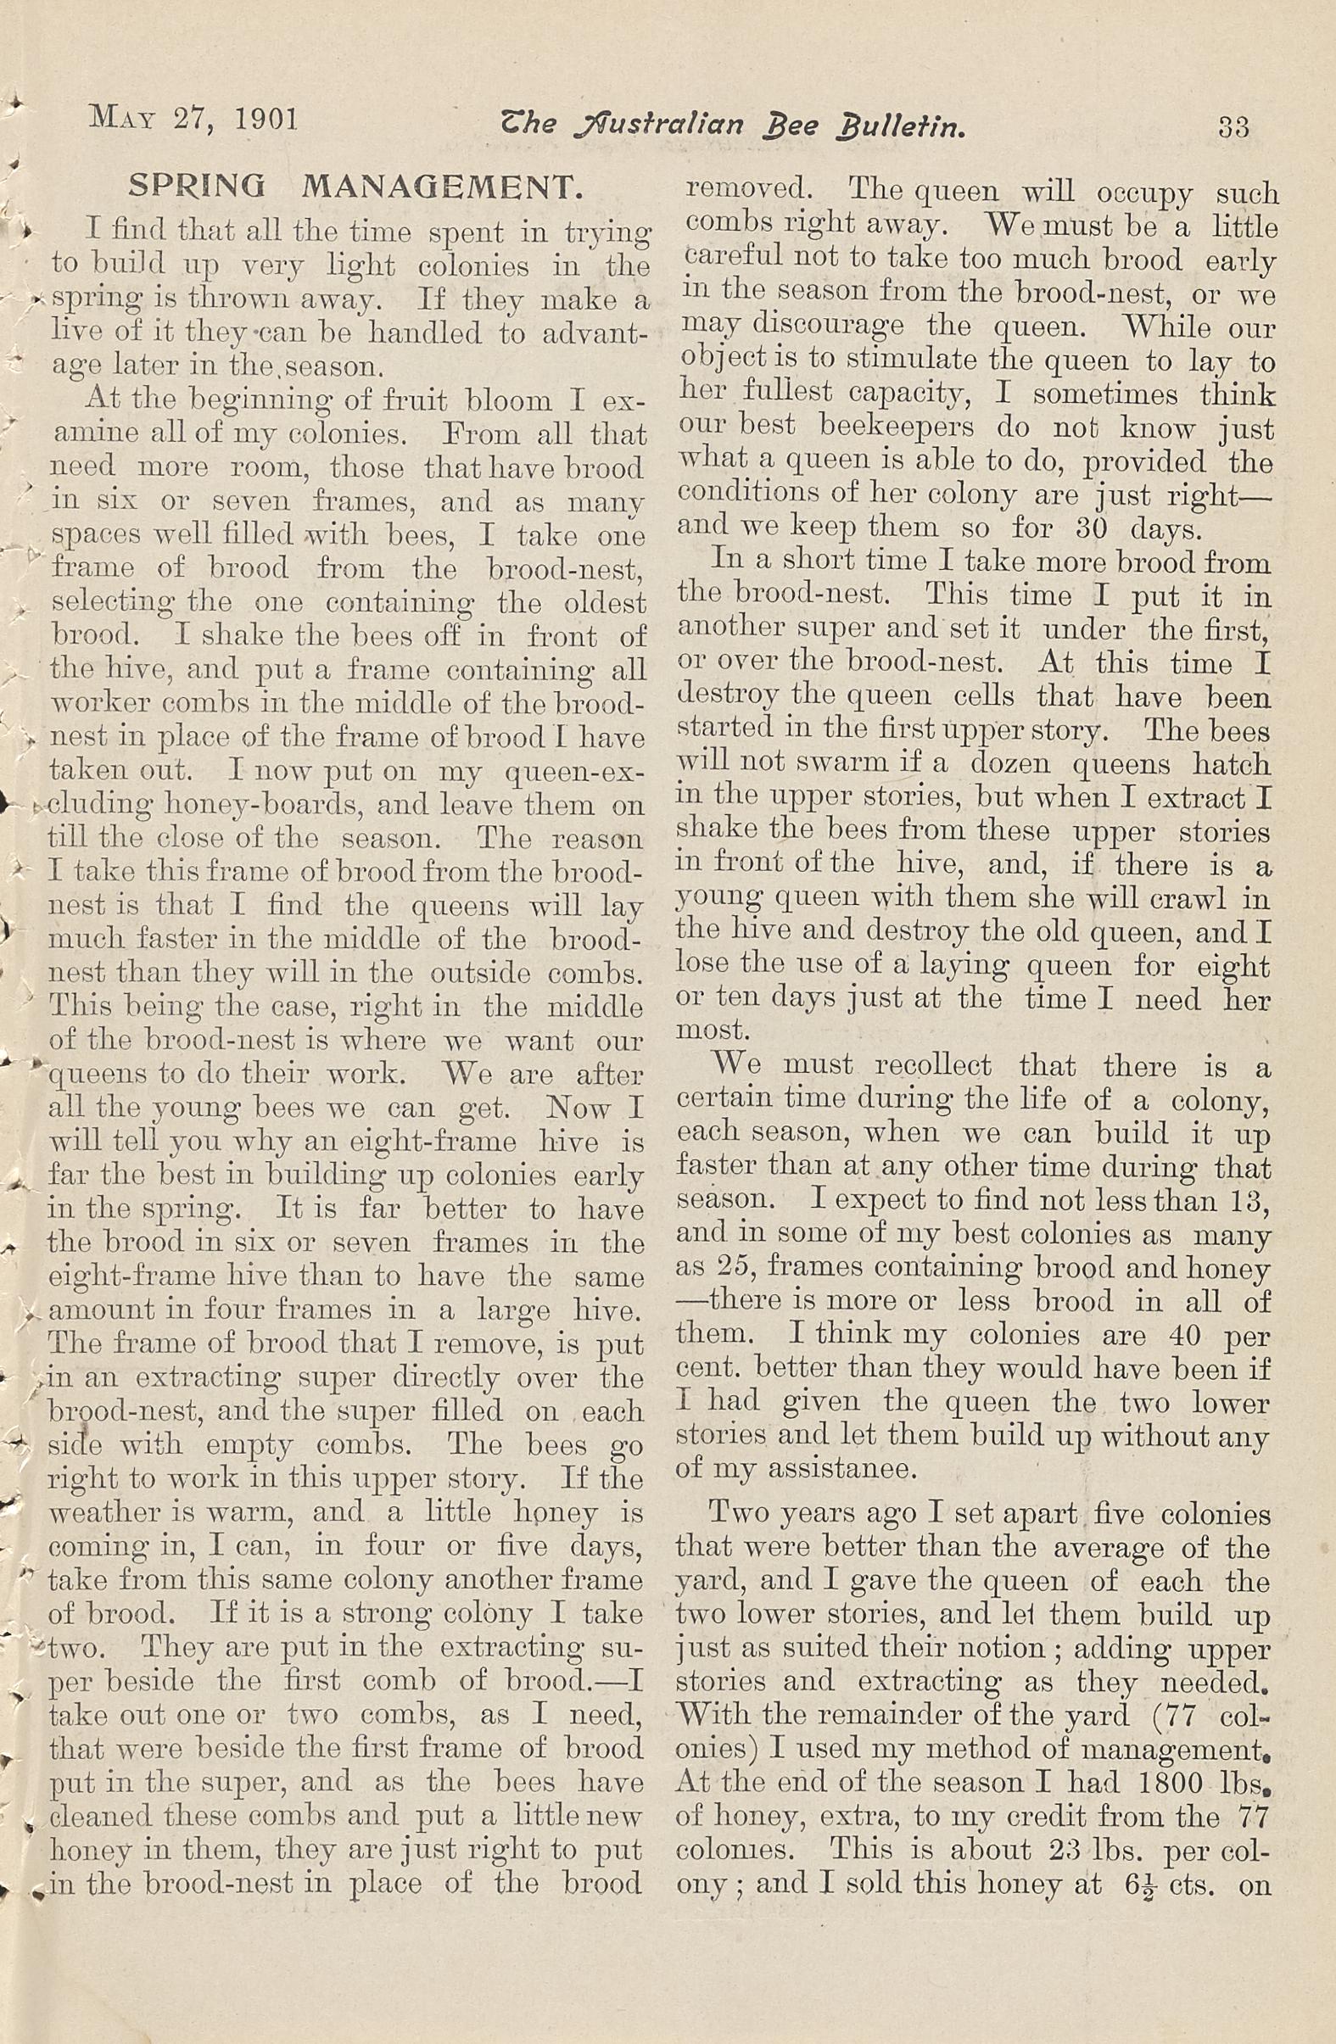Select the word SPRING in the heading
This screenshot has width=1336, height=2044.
[x=196, y=186]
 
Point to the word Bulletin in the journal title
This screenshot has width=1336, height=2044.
[x=900, y=128]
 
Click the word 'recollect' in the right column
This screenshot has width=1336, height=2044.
[x=932, y=1066]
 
